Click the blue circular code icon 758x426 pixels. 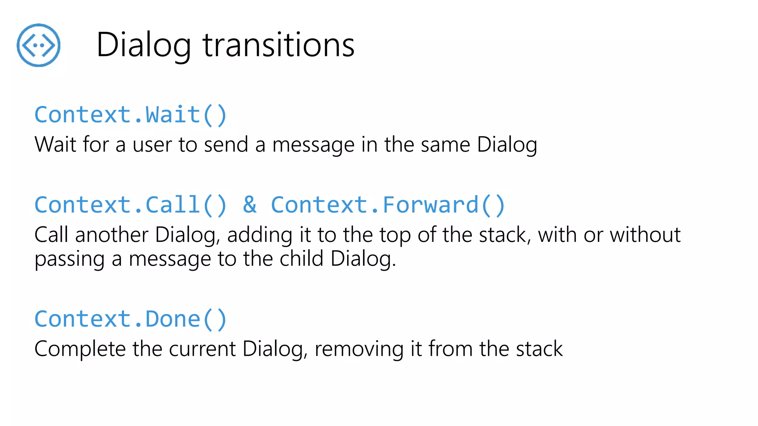pos(38,45)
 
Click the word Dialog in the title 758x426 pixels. pos(144,45)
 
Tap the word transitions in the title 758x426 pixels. pos(278,45)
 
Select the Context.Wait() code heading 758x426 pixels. pos(130,115)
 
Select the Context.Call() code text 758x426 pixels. pos(130,205)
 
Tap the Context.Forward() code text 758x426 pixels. pos(388,205)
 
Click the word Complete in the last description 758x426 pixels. pos(80,349)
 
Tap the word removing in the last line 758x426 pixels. pos(359,349)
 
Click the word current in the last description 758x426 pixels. pos(202,349)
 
